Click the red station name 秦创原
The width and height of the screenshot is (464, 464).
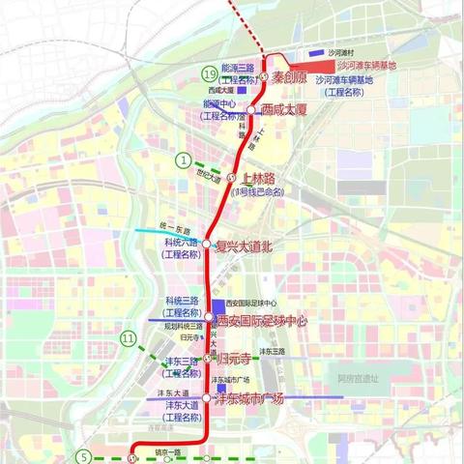click(289, 76)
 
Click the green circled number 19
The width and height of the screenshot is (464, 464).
click(208, 73)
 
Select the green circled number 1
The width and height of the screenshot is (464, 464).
click(183, 160)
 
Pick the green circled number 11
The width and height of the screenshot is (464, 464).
click(129, 337)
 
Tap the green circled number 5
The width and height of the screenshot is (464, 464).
click(84, 457)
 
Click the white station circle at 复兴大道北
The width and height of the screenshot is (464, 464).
click(207, 245)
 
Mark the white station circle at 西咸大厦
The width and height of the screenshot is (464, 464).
click(250, 110)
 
